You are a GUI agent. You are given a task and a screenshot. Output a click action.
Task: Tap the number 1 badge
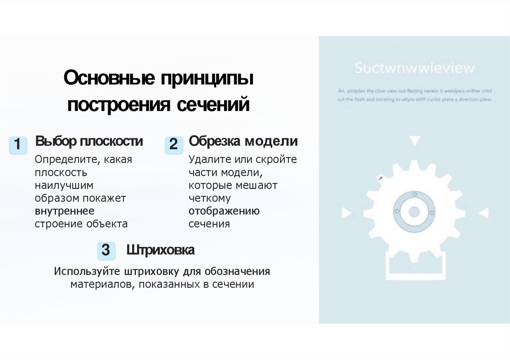[18, 145]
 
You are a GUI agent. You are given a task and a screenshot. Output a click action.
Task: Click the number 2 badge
[173, 145]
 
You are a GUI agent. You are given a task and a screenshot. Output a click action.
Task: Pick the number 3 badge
[106, 250]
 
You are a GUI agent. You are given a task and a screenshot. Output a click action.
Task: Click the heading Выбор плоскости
[89, 141]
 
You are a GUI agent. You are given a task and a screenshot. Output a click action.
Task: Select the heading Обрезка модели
[243, 141]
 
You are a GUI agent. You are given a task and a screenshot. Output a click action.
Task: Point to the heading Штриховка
[160, 250]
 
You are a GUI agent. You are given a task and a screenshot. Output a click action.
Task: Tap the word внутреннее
[64, 211]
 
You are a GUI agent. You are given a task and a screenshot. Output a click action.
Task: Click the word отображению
[224, 211]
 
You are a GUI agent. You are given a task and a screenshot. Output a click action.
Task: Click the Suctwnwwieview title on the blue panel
[414, 68]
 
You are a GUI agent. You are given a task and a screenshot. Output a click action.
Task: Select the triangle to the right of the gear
[483, 213]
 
